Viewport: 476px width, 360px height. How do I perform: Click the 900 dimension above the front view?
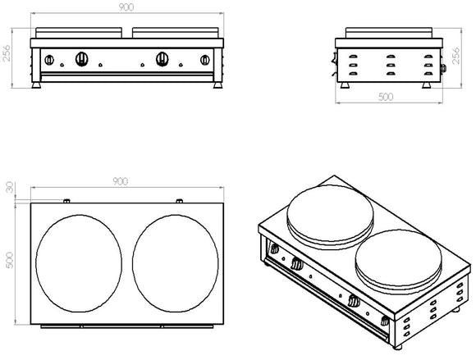click(125, 8)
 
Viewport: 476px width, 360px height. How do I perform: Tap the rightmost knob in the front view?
click(204, 59)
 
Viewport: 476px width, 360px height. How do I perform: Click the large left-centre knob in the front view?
click(83, 58)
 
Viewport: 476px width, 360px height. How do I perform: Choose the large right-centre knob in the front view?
click(163, 58)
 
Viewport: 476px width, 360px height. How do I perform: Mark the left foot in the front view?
click(37, 84)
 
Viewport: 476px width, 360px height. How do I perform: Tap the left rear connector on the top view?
click(66, 200)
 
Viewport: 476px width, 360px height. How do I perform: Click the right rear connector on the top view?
click(178, 200)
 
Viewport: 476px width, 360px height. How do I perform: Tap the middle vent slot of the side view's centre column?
click(386, 64)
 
